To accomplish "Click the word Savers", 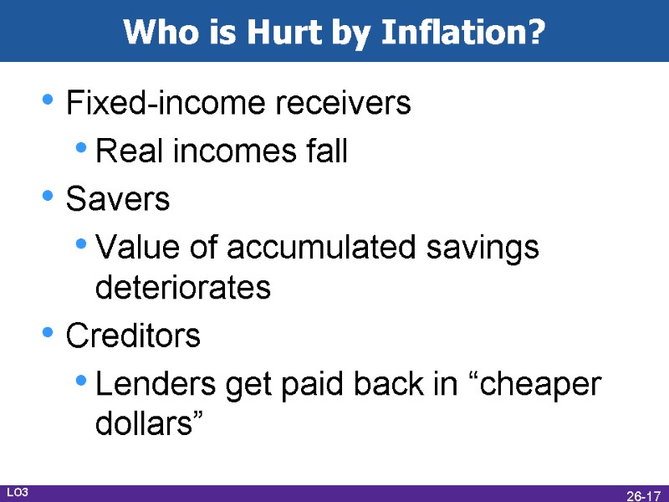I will pos(118,200).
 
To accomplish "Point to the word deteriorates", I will pos(183,288).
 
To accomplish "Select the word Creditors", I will pos(133,336).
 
